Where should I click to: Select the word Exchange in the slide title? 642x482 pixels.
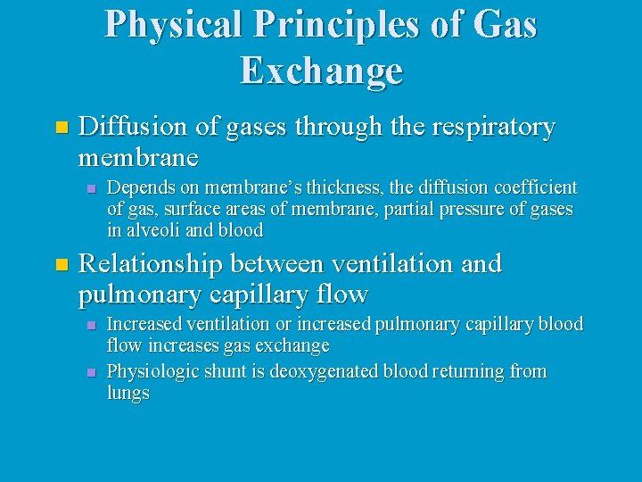321,71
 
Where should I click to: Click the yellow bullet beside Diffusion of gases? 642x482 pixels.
60,128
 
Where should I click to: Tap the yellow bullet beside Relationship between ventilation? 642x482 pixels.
60,264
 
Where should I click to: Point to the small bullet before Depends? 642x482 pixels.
89,188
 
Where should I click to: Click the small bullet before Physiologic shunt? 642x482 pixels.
89,371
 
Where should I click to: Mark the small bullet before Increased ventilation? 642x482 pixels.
89,324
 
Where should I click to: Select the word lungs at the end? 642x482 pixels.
128,393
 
